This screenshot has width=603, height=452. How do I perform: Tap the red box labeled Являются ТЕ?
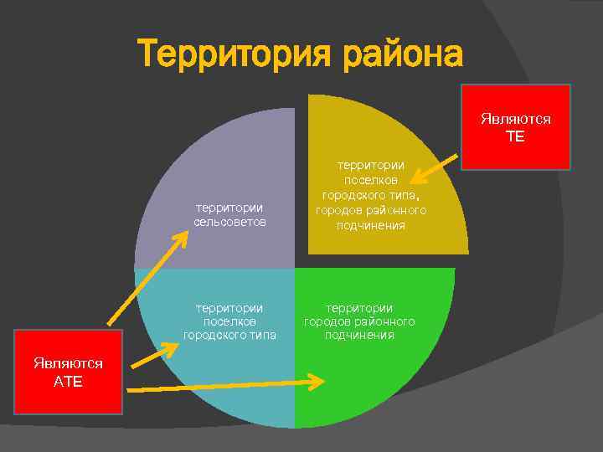(x=515, y=126)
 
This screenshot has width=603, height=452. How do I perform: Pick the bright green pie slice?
(x=377, y=377)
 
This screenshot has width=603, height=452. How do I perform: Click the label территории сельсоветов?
(x=229, y=215)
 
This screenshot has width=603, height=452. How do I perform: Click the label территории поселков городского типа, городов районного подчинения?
(x=371, y=195)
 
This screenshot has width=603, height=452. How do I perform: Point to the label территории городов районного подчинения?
(x=359, y=321)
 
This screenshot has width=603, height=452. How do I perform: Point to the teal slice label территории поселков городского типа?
(x=229, y=321)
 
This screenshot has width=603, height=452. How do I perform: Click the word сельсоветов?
(x=229, y=223)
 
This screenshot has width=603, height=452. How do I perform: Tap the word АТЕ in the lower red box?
(x=69, y=381)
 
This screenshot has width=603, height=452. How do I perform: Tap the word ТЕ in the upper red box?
(x=515, y=136)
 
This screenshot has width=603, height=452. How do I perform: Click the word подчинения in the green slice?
(x=359, y=336)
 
